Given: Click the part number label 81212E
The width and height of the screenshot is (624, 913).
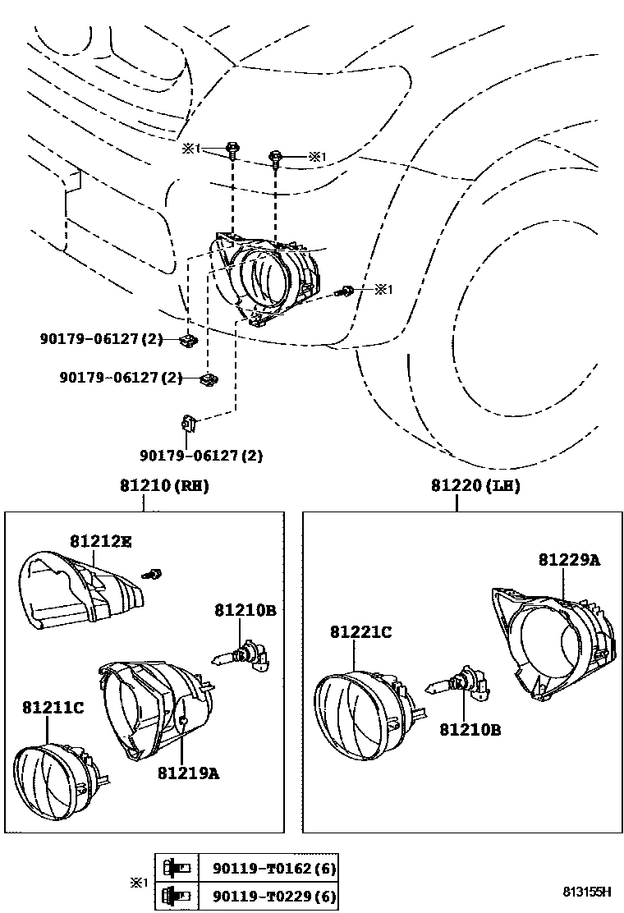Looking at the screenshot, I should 101,541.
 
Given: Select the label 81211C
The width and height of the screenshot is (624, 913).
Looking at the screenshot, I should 53,706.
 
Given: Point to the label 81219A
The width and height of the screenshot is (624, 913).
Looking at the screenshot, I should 188,772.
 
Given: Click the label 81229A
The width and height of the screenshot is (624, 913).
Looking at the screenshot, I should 569,560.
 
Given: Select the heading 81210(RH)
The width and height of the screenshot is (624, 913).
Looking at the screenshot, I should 164,486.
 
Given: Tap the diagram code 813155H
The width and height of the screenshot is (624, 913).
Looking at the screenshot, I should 587,891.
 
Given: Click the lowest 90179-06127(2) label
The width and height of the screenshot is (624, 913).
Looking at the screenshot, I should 201,455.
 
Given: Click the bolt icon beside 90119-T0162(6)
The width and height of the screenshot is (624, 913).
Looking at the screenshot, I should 179,867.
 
